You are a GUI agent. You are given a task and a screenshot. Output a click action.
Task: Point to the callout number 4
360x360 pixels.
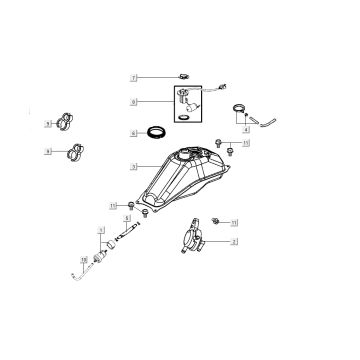point(246,131)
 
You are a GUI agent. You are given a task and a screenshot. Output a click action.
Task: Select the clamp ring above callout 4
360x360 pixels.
point(240,110)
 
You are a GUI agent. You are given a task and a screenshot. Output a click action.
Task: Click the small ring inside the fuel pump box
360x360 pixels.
point(184,118)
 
